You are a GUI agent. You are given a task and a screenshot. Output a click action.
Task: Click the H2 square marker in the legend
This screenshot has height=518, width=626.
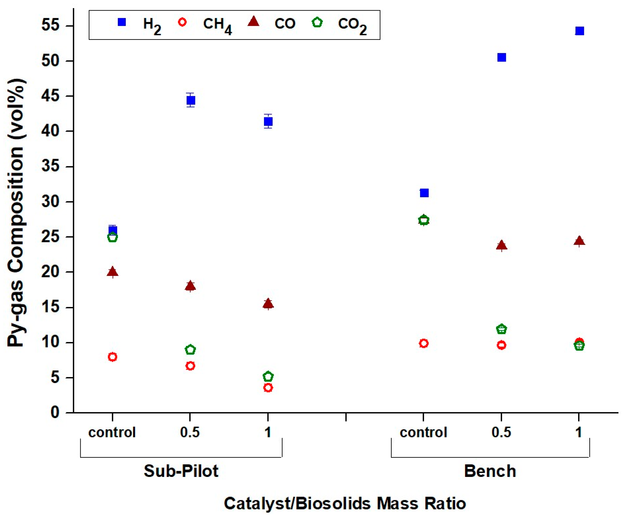(x=122, y=22)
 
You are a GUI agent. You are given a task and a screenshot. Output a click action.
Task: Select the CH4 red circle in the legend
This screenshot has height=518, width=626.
(x=182, y=22)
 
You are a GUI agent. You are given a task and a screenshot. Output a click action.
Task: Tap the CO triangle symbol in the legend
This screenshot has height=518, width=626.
(x=253, y=21)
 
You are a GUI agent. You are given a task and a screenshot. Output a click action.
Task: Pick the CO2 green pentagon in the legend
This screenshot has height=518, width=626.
(x=317, y=22)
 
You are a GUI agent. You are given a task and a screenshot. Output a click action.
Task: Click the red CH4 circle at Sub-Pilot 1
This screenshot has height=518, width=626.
(x=268, y=388)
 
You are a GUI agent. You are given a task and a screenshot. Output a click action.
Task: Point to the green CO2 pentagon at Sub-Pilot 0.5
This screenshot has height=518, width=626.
(x=190, y=350)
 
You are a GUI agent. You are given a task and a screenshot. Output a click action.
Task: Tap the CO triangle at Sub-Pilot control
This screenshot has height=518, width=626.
(x=112, y=272)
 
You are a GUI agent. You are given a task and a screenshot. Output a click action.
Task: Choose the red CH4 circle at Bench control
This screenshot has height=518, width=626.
(x=423, y=343)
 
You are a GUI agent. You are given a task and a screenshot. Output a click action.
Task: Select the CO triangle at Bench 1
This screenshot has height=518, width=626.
(x=579, y=240)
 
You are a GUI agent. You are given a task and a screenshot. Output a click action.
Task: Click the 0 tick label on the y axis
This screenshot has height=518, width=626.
(x=55, y=413)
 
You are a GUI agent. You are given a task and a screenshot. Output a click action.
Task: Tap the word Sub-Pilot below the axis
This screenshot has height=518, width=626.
(x=181, y=471)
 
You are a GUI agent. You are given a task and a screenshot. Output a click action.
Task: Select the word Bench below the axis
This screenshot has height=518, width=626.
(x=490, y=471)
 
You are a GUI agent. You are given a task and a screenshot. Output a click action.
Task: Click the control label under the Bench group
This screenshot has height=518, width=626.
(x=423, y=432)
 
